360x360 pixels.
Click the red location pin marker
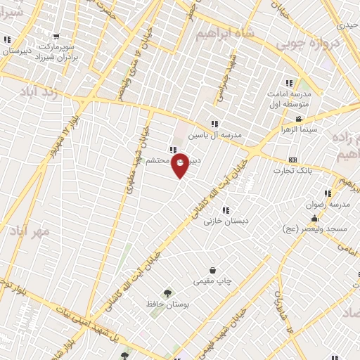point(181,165)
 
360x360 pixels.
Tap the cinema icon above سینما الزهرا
point(299,119)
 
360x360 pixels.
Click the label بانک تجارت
point(293,170)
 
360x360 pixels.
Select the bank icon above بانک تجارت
point(293,160)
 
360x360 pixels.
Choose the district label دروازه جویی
point(309,44)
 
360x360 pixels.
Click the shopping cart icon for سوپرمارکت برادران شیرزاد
point(56,37)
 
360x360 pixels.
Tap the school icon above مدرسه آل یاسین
point(214,124)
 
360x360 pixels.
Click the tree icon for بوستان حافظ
point(167,293)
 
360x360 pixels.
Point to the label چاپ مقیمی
point(212,281)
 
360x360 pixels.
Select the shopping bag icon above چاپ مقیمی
point(212,270)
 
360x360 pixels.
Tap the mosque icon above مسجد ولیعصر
point(314,219)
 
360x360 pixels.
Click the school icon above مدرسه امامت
point(288,82)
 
